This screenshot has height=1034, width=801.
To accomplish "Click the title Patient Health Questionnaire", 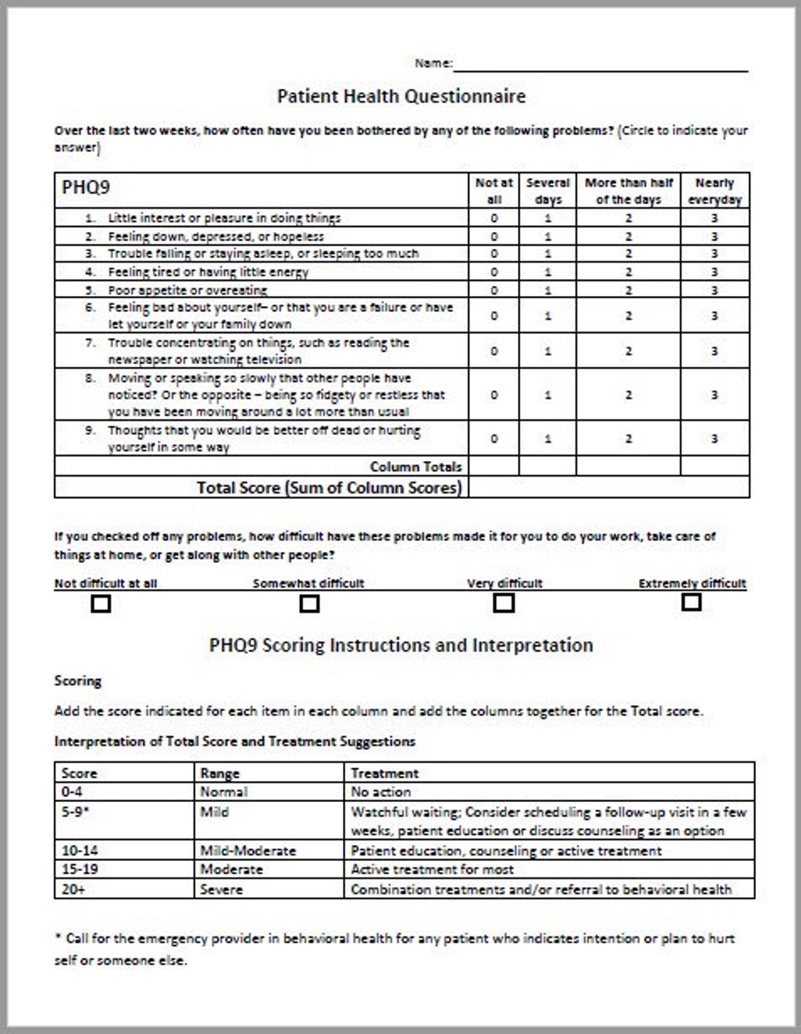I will [401, 96].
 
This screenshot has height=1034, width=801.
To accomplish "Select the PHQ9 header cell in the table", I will [86, 188].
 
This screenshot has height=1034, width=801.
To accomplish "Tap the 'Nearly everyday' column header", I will [715, 190].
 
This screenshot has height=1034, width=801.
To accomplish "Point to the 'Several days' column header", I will [547, 190].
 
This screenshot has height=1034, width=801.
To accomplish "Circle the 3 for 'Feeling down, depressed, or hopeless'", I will [715, 236].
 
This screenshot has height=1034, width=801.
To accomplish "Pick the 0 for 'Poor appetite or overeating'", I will [494, 290].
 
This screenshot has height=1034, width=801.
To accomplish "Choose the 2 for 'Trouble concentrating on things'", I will [628, 351].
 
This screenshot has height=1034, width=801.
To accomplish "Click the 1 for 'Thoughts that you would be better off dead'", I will [547, 439].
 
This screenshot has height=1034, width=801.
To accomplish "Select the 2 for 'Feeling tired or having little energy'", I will [628, 272].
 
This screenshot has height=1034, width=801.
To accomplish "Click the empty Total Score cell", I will [608, 487].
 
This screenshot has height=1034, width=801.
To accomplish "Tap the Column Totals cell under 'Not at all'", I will [494, 466].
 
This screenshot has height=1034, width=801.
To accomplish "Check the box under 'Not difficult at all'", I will [101, 604].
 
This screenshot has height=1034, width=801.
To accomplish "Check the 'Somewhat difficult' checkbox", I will [309, 604].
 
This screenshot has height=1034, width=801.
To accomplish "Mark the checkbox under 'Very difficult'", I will [504, 603].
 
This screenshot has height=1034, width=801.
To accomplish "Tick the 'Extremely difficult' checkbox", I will [691, 602].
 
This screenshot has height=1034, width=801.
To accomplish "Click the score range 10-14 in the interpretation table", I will [79, 851].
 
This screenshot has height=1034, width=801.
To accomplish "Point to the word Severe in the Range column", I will [221, 889].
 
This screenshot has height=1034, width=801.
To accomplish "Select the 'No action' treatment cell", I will [382, 791].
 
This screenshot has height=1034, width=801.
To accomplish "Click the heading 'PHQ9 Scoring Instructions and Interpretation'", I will [401, 645].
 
